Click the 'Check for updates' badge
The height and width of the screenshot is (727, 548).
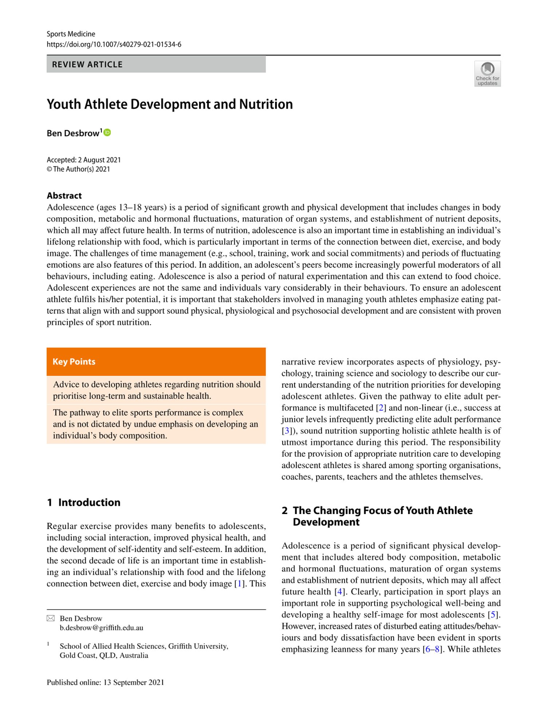[x=487, y=74]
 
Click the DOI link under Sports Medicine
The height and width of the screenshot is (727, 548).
[x=114, y=45]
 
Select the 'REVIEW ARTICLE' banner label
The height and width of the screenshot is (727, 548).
[x=87, y=65]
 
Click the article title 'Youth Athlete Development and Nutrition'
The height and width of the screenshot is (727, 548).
[x=170, y=104]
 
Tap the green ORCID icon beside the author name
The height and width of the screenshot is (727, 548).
[x=107, y=133]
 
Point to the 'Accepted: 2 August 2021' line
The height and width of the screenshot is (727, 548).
[x=84, y=160]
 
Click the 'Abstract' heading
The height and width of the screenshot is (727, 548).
[x=64, y=196]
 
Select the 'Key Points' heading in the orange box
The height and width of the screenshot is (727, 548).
[x=74, y=362]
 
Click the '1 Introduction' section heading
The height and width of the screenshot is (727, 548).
[x=84, y=502]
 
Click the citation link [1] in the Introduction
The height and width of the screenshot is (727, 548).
[x=239, y=584]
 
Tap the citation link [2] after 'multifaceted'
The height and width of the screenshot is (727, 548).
[x=381, y=408]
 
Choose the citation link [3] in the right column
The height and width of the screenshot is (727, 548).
[x=287, y=431]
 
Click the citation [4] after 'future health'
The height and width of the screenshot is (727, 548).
[x=340, y=592]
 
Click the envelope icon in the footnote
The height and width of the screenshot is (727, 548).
[x=51, y=618]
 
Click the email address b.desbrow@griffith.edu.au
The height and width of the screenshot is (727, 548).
[x=102, y=627]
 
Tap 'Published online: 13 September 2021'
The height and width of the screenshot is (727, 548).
[x=106, y=682]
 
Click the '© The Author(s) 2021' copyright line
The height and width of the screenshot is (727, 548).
[x=78, y=169]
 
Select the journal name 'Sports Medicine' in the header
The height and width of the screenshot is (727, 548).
[x=71, y=34]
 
